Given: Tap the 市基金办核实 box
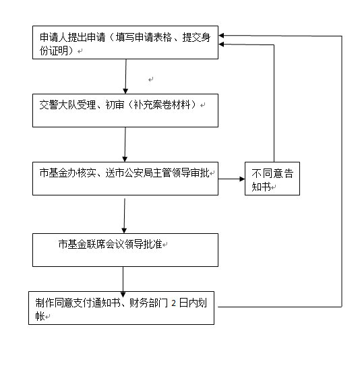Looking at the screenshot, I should click(x=125, y=179).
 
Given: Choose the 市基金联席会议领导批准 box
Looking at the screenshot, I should click(x=125, y=249).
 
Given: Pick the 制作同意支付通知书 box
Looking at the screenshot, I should click(x=123, y=308).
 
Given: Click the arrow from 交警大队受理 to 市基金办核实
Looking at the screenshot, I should click(x=125, y=145).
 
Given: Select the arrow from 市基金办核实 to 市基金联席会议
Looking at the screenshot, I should click(x=125, y=214).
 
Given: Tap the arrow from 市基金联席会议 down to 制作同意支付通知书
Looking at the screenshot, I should click(x=123, y=278).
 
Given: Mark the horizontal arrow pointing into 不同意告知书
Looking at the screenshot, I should click(x=232, y=179).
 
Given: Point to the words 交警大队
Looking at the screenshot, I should click(x=56, y=105).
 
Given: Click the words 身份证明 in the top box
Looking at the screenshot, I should click(x=55, y=51).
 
